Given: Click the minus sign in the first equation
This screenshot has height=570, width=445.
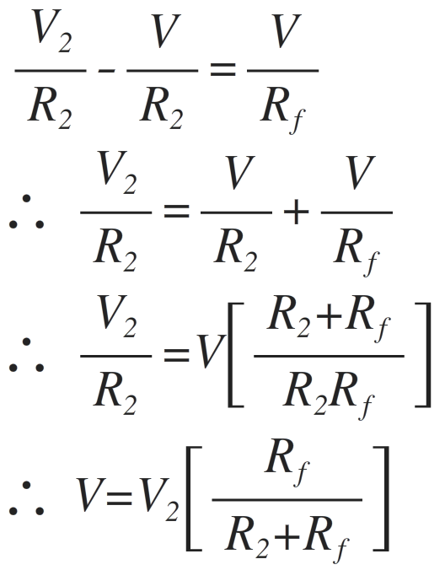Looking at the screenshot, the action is click(106, 70).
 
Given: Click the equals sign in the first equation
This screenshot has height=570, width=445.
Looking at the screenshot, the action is click(223, 69).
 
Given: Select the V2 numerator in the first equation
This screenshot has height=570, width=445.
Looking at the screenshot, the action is click(51, 31).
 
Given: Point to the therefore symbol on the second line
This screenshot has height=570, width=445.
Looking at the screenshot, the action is click(26, 212).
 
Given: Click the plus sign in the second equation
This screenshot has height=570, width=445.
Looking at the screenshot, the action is click(297, 212).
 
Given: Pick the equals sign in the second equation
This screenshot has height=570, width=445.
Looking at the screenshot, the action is click(176, 211).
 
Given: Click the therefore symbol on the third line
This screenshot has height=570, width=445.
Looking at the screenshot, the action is click(26, 355).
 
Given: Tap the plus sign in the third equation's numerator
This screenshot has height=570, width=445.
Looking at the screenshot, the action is click(329, 317).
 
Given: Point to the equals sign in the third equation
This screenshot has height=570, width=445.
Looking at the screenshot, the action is click(176, 355).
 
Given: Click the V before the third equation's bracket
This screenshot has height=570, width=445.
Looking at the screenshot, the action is click(210, 352).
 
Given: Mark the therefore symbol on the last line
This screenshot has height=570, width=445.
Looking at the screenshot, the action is click(26, 498).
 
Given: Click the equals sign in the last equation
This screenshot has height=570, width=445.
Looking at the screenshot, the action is click(119, 498).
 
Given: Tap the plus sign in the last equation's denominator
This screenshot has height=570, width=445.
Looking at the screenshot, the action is click(287, 536).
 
